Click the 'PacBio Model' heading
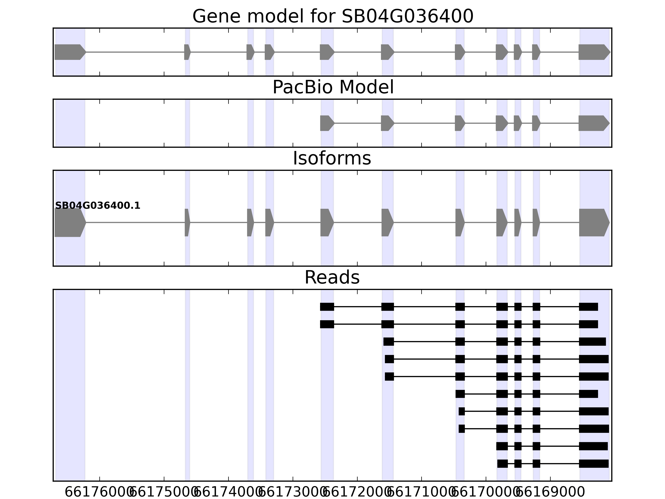tap(333, 88)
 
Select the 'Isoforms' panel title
tap(332, 158)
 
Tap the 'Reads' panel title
tap(332, 277)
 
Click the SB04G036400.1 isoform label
tap(98, 206)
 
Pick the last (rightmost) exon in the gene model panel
tap(593, 52)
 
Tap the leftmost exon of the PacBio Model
tap(326, 123)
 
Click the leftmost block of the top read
tap(327, 307)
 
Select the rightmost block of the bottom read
tap(594, 463)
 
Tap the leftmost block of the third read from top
tap(388, 342)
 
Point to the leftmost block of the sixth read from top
tap(460, 394)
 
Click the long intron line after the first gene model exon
tap(135, 52)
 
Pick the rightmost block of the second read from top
tap(588, 324)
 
